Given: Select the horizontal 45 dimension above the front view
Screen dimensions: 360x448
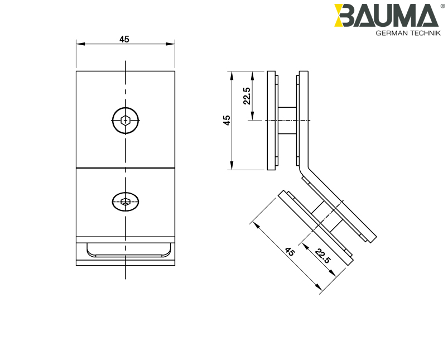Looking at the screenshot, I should pos(124,39).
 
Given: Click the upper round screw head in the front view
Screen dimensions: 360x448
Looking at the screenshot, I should pos(126,120).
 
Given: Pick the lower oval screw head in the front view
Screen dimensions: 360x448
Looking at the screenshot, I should pos(126,201).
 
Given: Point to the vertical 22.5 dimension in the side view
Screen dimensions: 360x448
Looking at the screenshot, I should pos(246,95).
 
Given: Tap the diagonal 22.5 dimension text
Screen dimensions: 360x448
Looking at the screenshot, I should pos(322,256).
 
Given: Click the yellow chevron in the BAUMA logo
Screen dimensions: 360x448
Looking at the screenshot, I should pos(341,16).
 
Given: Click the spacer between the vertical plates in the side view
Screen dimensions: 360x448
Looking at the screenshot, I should pos(287,121).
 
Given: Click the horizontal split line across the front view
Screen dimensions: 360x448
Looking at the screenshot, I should pos(126,167).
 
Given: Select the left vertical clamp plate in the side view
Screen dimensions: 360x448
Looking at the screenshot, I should pos(272,121).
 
